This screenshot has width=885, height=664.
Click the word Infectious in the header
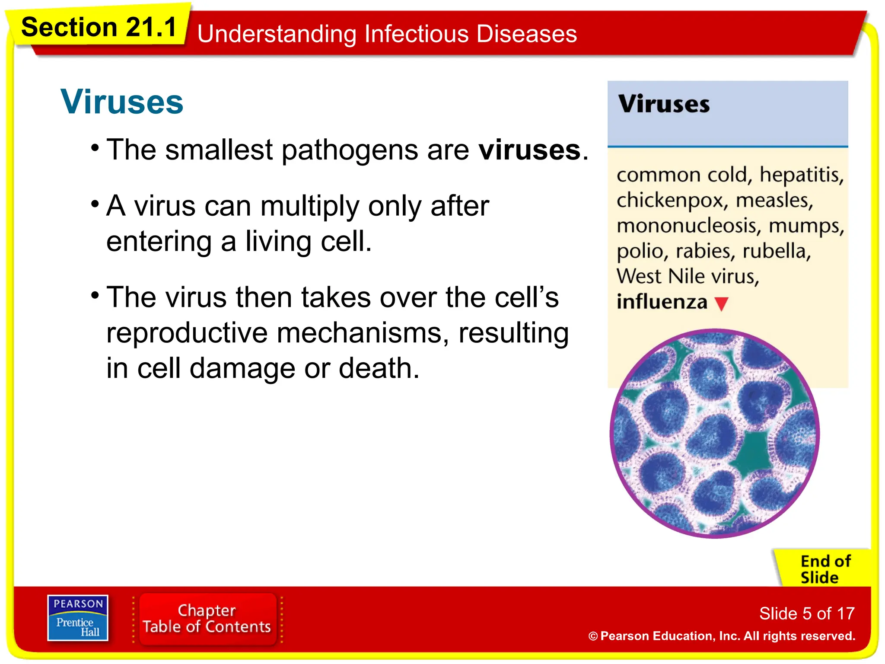[x=416, y=34]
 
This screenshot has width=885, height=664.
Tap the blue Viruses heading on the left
[x=122, y=102]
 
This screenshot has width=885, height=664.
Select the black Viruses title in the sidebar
[x=664, y=104]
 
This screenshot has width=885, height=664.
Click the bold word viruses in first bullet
[x=530, y=150]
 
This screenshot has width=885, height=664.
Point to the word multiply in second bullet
[x=309, y=206]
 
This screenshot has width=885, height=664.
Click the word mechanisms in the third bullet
[x=363, y=333]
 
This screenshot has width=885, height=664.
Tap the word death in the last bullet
[x=379, y=368]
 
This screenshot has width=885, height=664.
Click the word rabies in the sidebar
[x=705, y=251]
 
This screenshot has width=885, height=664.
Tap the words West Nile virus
[x=688, y=276]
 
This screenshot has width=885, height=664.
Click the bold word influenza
[x=662, y=302]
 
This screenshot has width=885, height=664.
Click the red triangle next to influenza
[x=721, y=303]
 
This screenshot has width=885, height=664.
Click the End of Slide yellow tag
[x=825, y=569]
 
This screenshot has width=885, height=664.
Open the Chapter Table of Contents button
[x=207, y=619]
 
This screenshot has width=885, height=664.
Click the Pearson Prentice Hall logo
[x=78, y=618]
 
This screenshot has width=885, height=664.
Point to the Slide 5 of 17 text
[x=807, y=613]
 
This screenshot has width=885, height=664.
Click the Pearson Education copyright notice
[x=722, y=636]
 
